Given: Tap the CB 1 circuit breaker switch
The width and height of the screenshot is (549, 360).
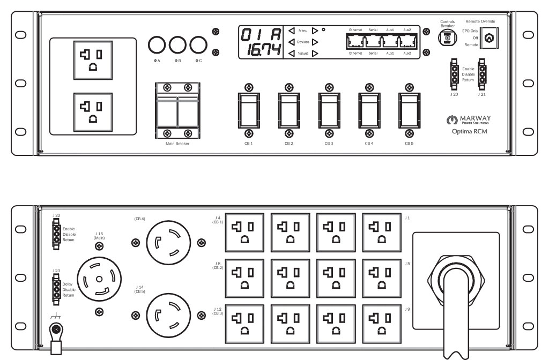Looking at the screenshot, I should click(248, 110).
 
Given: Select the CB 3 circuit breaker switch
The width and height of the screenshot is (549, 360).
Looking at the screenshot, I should click(329, 110).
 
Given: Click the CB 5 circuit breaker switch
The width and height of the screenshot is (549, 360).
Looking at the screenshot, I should click(409, 110).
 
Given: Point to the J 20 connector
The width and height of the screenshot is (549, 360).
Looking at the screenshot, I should click(454, 73).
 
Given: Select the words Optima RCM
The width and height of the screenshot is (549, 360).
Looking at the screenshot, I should click(465, 130).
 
